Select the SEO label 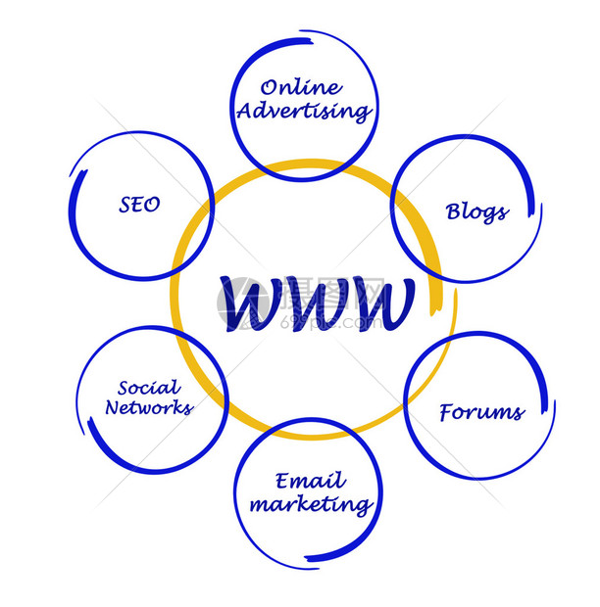[x=139, y=205]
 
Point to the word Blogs [x=476, y=211]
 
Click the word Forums [x=481, y=412]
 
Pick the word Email [x=310, y=481]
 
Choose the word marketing [x=310, y=505]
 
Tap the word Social [x=148, y=388]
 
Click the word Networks [x=149, y=408]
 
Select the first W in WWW [x=249, y=303]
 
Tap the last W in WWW [x=378, y=303]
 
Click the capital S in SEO [x=125, y=205]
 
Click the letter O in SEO [x=153, y=205]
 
